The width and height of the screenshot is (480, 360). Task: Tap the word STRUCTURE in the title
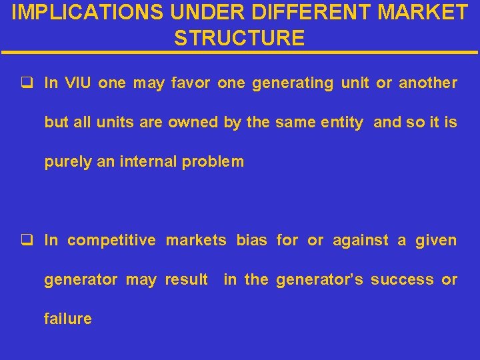[x=239, y=38]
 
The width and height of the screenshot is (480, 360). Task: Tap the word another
[x=428, y=83]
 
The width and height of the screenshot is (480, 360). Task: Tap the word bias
[x=251, y=240]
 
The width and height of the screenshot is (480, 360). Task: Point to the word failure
[x=68, y=319]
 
